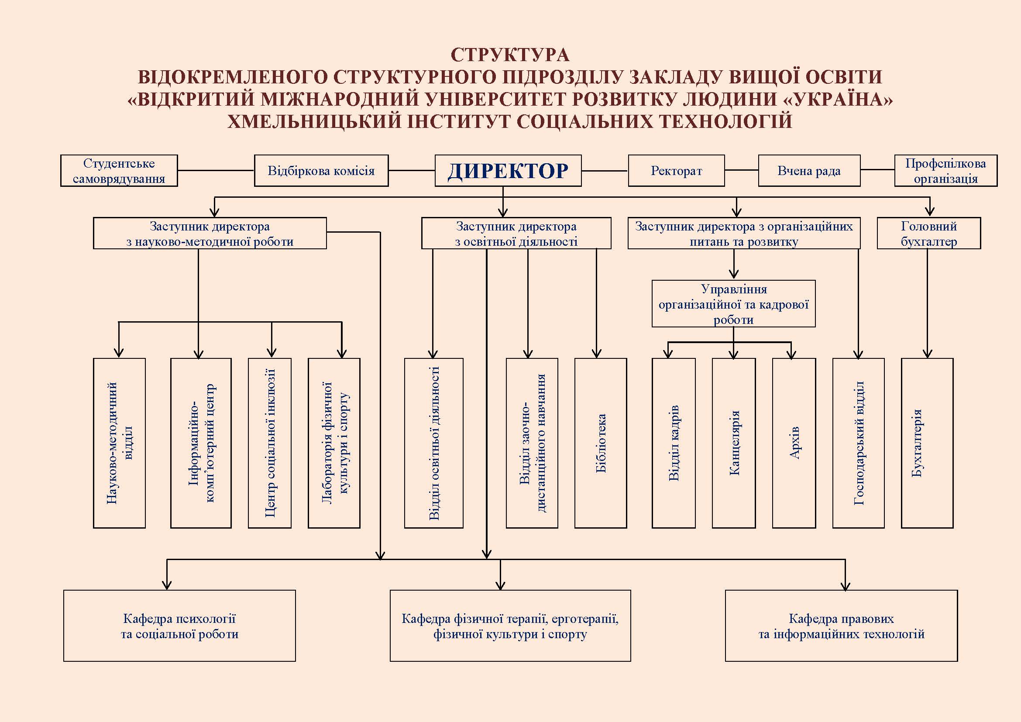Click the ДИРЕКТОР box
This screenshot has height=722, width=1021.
[508, 170]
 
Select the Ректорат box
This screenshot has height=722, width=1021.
[676, 170]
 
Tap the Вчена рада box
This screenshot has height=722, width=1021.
[809, 170]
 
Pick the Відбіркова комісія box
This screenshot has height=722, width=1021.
[321, 170]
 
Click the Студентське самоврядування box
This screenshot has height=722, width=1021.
[119, 170]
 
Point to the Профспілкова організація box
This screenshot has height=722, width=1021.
[946, 170]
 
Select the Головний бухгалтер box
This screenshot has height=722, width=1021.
[929, 233]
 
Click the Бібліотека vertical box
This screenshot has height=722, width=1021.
[601, 443]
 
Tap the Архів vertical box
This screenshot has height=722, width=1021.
[794, 443]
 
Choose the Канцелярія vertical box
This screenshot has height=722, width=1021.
[734, 443]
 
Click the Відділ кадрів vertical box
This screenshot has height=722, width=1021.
[674, 443]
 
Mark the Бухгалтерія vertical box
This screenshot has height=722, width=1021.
[927, 443]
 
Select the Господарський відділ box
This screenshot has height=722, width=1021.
[858, 443]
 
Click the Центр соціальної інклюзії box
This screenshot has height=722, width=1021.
[270, 443]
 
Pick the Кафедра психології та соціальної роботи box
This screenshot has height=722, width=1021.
[180, 626]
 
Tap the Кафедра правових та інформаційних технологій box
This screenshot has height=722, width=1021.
[841, 626]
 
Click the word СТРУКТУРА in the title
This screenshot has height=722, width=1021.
[510, 55]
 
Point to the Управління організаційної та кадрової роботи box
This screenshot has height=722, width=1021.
[734, 304]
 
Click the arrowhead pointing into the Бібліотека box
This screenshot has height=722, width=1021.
[596, 354]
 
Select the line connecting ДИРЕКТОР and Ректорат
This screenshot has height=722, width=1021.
[605, 171]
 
